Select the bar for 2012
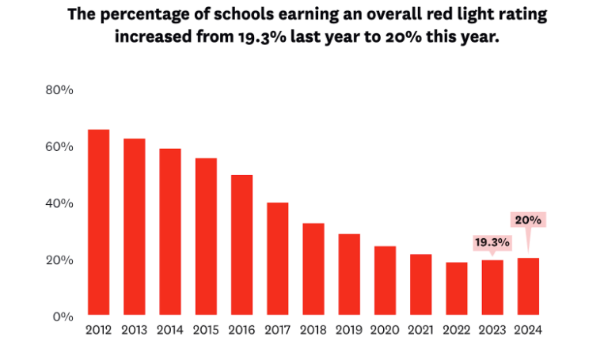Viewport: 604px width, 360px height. tap(98, 222)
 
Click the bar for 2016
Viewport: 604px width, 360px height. tap(242, 244)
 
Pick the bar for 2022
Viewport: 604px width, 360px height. tap(457, 289)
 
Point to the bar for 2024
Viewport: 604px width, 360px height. tap(528, 286)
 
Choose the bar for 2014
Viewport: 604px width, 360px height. tap(170, 232)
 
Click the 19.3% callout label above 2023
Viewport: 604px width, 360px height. tap(492, 243)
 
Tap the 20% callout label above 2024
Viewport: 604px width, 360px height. tap(528, 219)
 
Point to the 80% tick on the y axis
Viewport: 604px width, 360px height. tap(60, 90)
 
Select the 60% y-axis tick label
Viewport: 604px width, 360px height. tap(60, 147)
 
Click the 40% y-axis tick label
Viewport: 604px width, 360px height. tap(60, 203)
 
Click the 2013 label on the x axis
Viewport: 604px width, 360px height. tap(135, 330)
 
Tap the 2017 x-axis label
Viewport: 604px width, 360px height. tap(278, 330)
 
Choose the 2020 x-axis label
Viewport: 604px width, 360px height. tap(385, 330)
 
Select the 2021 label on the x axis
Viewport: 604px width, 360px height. tap(420, 330)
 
